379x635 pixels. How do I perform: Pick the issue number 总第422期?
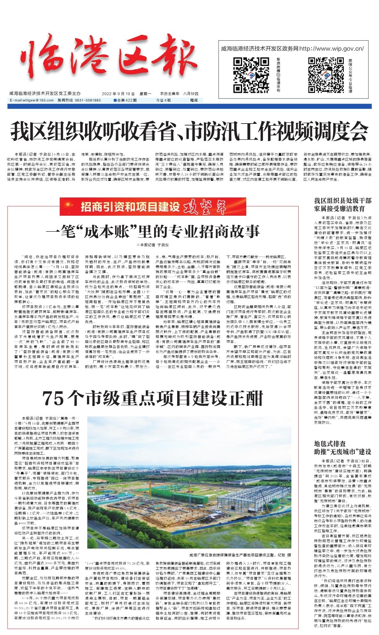pyautogui.click(x=126, y=100)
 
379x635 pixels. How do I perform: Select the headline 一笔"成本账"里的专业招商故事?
pyautogui.click(x=153, y=230)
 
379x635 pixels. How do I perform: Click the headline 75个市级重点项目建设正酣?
pyautogui.click(x=153, y=398)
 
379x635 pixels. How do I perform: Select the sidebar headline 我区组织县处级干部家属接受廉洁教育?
pyautogui.click(x=343, y=205)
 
